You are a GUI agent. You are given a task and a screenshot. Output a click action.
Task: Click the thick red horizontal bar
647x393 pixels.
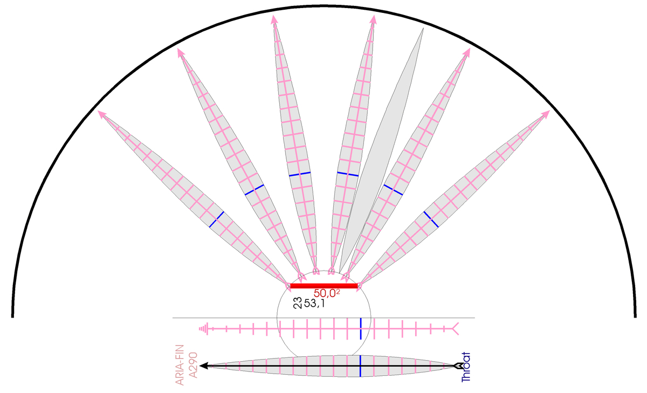[324, 286]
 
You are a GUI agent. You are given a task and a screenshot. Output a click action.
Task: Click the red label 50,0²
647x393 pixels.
[327, 293]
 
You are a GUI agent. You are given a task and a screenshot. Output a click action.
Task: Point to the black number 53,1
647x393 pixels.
[314, 304]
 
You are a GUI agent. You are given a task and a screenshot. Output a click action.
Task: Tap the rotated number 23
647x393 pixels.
[298, 303]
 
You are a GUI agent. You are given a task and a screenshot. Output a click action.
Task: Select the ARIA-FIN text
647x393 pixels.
[180, 365]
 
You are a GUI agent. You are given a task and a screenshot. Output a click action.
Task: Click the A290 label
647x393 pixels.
[193, 365]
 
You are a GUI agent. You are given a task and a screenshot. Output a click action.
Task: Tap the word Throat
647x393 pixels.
[466, 367]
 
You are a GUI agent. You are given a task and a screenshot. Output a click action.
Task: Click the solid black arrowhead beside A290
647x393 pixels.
[204, 366]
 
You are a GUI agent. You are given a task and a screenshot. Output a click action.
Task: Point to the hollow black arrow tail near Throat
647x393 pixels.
[457, 366]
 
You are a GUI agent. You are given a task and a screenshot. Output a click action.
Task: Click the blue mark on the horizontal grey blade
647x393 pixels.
[361, 366]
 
